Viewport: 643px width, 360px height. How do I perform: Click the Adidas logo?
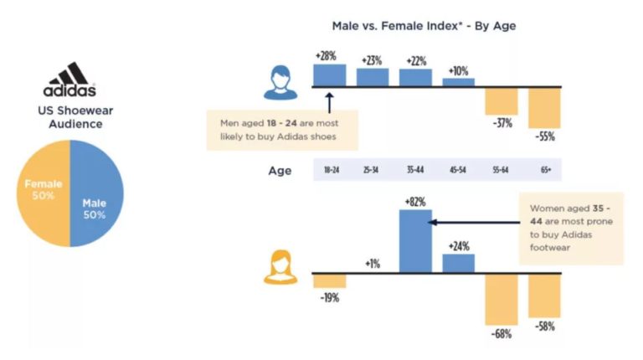69,80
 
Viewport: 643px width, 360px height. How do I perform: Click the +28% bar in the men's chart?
329,75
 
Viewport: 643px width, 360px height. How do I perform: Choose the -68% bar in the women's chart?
501,298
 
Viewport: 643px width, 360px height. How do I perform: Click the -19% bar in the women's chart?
329,280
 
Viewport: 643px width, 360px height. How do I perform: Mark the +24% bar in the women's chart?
458,263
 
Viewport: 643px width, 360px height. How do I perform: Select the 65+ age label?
545,171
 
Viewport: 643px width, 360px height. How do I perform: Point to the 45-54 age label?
458,171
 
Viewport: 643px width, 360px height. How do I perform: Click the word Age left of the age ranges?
280,171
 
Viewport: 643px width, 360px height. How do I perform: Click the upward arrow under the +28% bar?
329,102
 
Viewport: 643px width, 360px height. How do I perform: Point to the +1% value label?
372,264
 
